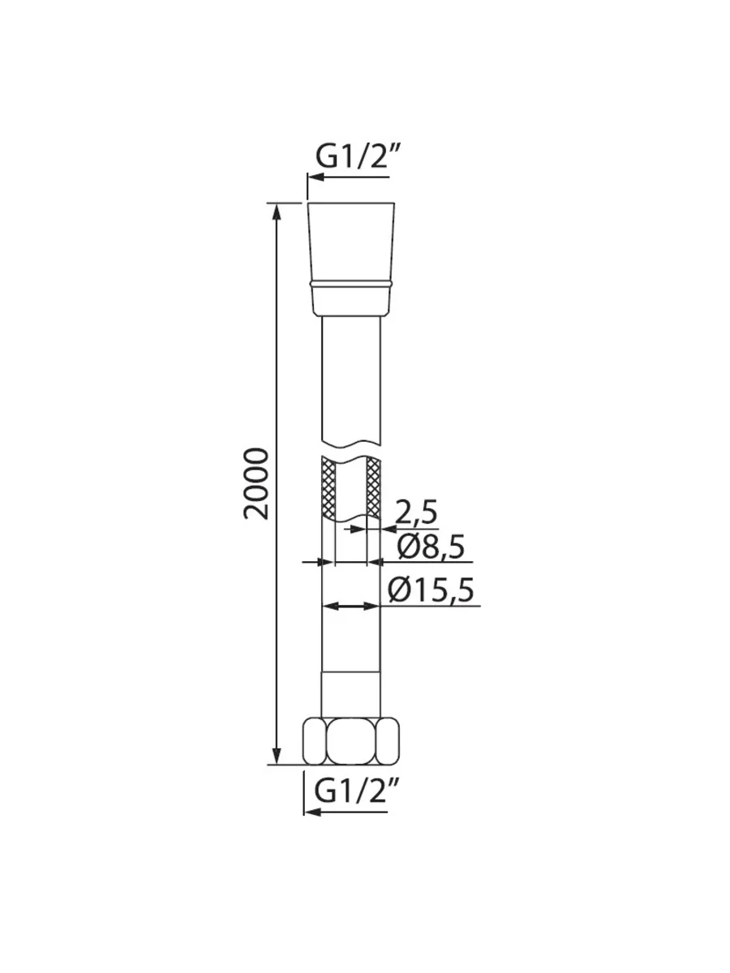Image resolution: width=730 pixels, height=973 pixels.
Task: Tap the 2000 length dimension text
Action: (256, 483)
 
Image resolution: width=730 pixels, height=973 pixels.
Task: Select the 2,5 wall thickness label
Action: (415, 512)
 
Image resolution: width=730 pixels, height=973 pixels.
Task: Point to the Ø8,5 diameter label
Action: (431, 547)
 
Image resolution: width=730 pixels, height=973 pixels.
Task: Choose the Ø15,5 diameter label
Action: (431, 591)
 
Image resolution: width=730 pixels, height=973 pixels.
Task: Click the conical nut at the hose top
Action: (350, 259)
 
